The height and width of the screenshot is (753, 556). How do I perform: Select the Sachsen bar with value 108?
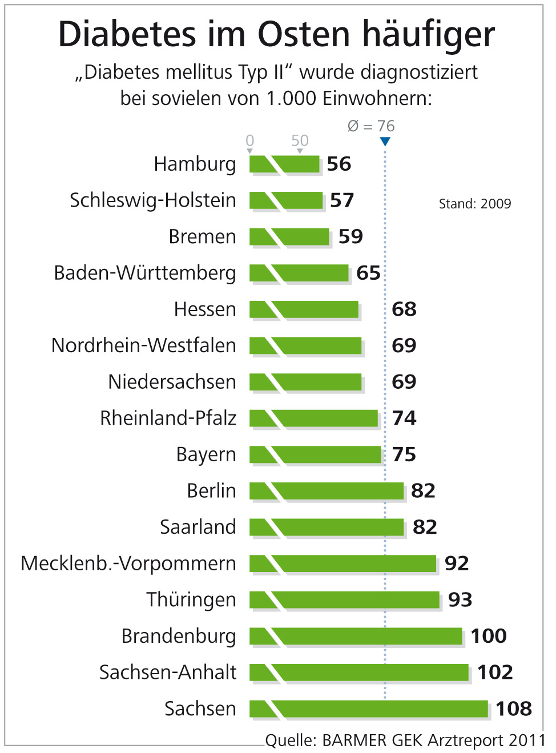pos(369,708)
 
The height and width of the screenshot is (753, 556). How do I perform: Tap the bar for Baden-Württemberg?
pos(300,273)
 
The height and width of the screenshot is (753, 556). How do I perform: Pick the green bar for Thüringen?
pos(345,599)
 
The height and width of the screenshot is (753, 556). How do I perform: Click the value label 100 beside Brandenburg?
pos(489,636)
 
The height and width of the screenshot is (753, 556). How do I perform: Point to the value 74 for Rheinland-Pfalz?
pos(404,418)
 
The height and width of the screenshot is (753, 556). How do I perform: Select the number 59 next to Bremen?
pos(350,236)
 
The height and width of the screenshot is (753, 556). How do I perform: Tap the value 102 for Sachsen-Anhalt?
pos(495,672)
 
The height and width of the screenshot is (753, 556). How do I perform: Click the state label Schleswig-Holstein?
pos(152,200)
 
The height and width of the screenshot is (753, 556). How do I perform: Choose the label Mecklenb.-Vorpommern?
pos(128,563)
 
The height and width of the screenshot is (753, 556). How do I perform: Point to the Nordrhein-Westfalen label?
pos(143,345)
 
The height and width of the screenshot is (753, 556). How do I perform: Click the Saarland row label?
pos(198,527)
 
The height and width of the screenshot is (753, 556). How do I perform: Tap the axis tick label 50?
pos(300,140)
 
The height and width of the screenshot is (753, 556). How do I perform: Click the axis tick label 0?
pos(250,140)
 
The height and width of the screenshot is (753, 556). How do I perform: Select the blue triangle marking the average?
pos(385,141)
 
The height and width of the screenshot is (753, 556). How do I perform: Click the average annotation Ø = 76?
pos(371,126)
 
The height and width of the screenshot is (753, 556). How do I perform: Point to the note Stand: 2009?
pos(474,204)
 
